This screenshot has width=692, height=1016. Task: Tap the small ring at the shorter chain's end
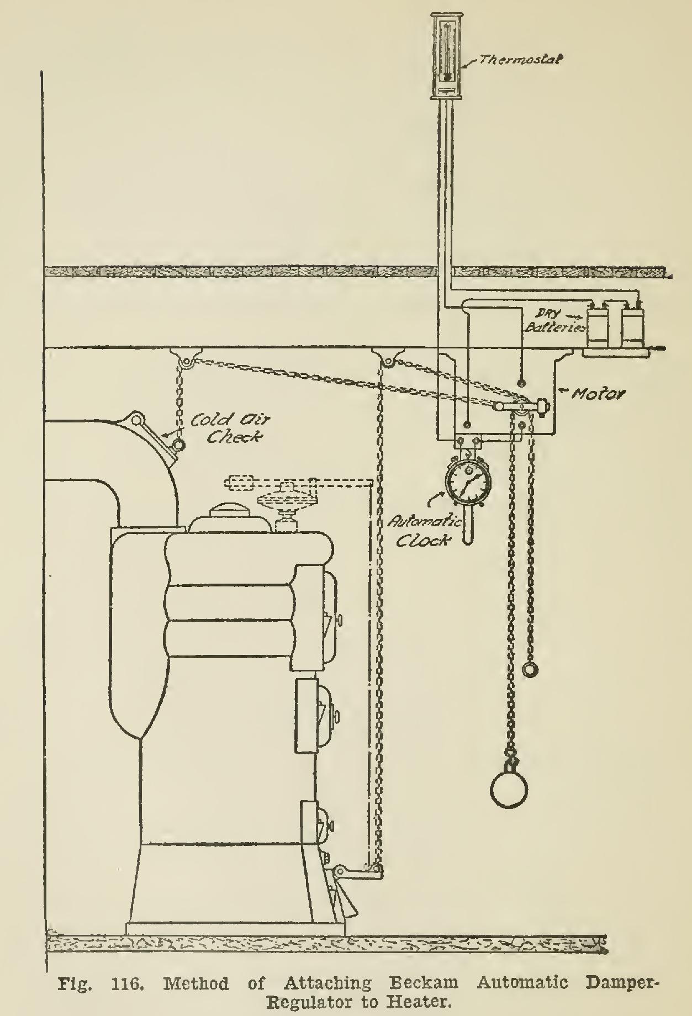[x=530, y=669]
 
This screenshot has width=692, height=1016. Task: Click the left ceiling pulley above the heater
[x=187, y=362]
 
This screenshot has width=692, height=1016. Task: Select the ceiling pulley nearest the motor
[x=388, y=362]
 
